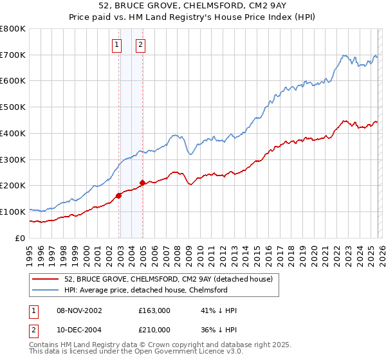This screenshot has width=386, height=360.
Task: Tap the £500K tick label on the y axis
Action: click(13, 107)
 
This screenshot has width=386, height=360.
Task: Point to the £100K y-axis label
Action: click(13, 212)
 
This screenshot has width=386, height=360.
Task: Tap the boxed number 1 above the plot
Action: click(116, 45)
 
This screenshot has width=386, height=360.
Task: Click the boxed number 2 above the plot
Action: click(140, 45)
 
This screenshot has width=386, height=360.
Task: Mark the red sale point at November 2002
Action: click(119, 195)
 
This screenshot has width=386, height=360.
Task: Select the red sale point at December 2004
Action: click(142, 183)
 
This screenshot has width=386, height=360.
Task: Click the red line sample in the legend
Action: click(46, 279)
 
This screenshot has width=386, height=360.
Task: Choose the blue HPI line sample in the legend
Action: click(46, 290)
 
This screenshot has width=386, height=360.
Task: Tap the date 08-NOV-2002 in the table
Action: click(79, 310)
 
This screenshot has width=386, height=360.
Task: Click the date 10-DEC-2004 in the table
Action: click(79, 330)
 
